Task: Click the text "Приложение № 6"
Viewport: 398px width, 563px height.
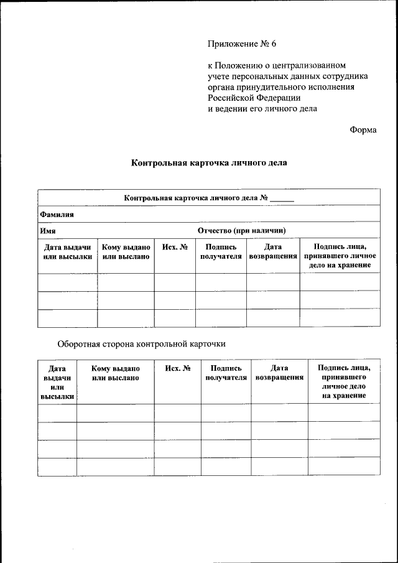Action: (x=241, y=44)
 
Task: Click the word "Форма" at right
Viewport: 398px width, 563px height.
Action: (x=363, y=129)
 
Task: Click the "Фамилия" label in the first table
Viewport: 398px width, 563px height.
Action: (x=57, y=214)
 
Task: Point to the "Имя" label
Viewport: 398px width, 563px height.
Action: (x=48, y=230)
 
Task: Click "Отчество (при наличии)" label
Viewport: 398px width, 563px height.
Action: (x=241, y=230)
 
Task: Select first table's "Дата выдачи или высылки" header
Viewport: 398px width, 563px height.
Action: (x=68, y=251)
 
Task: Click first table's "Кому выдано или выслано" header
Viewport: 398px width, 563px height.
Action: (x=126, y=251)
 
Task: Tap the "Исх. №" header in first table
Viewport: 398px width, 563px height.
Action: (x=175, y=247)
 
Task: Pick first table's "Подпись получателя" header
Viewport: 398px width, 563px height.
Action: (x=221, y=251)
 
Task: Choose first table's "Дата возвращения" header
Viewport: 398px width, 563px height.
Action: (x=272, y=251)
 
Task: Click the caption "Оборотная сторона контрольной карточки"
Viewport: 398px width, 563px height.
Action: (x=141, y=343)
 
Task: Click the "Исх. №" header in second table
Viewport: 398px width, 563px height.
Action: (x=177, y=368)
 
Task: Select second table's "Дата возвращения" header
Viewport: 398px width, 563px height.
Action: (x=279, y=373)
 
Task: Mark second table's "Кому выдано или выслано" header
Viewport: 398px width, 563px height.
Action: (x=115, y=373)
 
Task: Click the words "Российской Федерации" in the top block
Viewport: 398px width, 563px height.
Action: (x=254, y=98)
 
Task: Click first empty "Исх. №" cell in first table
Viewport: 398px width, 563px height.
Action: (x=175, y=282)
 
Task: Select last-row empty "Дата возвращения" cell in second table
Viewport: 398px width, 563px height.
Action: (x=279, y=467)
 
